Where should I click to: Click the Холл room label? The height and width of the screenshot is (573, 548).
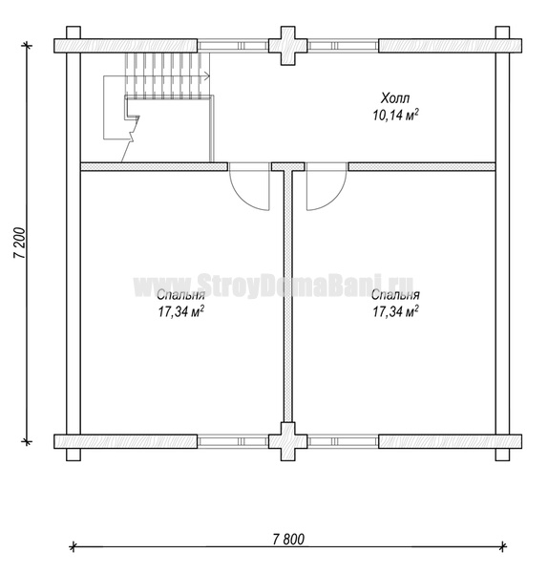point(395,98)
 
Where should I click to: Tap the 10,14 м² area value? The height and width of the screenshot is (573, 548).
point(395,116)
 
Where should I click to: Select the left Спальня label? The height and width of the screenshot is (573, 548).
point(180,295)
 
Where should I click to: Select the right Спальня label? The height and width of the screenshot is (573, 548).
point(395,295)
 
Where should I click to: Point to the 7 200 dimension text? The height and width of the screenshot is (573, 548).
point(20,244)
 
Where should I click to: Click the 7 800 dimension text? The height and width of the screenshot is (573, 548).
point(288,540)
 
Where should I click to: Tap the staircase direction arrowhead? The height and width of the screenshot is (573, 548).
point(207,76)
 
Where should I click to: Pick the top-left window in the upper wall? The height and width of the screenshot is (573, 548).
point(233,46)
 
